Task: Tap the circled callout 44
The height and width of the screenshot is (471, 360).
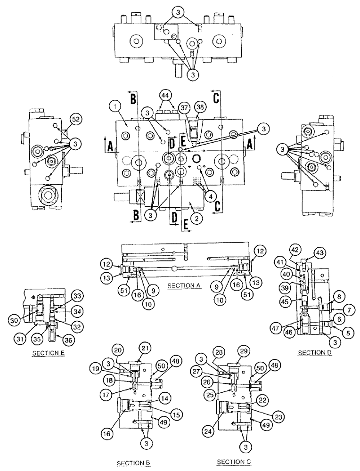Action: pyautogui.click(x=164, y=96)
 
